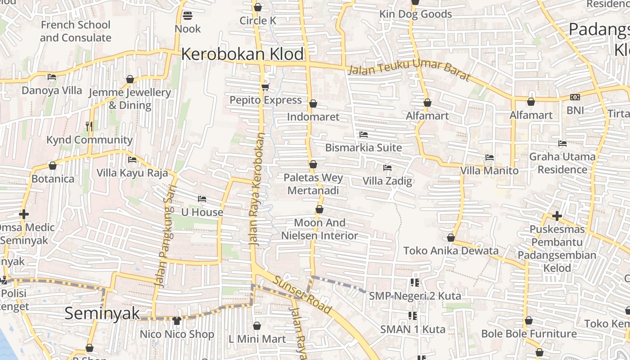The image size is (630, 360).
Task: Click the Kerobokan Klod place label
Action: pyautogui.click(x=243, y=54)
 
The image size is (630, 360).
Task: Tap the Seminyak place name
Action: pyautogui.click(x=102, y=313)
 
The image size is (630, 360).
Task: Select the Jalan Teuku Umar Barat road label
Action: pyautogui.click(x=409, y=72)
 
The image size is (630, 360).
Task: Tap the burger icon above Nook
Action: pyautogui.click(x=188, y=16)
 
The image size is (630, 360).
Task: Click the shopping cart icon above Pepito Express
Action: pyautogui.click(x=265, y=87)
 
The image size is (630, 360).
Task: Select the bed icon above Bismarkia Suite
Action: pyautogui.click(x=364, y=135)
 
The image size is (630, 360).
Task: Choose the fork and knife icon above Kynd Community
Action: pyautogui.click(x=89, y=126)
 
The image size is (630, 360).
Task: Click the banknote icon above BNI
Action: pyautogui.click(x=575, y=97)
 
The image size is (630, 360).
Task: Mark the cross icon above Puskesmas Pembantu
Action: pyautogui.click(x=557, y=216)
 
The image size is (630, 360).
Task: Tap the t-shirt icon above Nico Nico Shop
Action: pyautogui.click(x=176, y=321)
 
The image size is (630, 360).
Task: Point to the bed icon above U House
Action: pyautogui.click(x=202, y=199)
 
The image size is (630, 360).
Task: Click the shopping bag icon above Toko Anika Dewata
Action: pyautogui.click(x=451, y=238)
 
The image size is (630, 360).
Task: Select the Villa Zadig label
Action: pyautogui.click(x=387, y=181)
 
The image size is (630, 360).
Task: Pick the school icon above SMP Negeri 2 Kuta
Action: pyautogui.click(x=414, y=283)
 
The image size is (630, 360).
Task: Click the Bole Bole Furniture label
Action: pyautogui.click(x=529, y=334)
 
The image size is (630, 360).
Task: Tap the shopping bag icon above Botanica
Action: pyautogui.click(x=53, y=166)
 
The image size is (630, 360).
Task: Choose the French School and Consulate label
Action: pyautogui.click(x=76, y=31)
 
